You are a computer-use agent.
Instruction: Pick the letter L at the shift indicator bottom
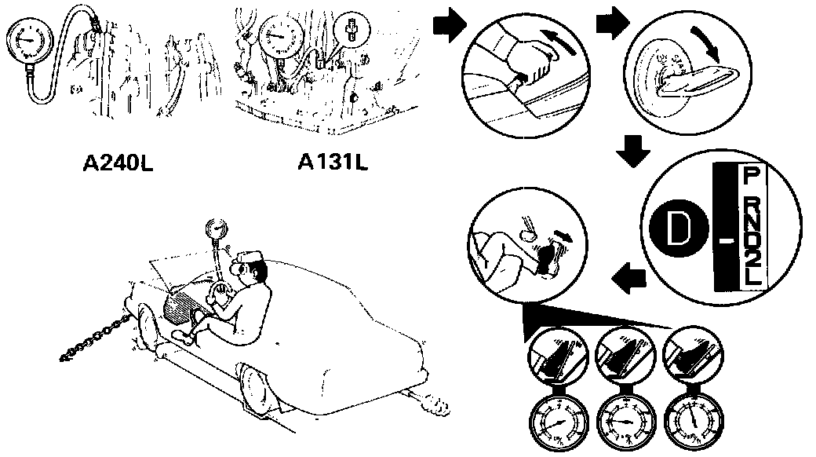click(x=752, y=279)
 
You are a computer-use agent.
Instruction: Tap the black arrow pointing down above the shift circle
click(x=631, y=150)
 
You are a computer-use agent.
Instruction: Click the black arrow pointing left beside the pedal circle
click(x=629, y=276)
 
